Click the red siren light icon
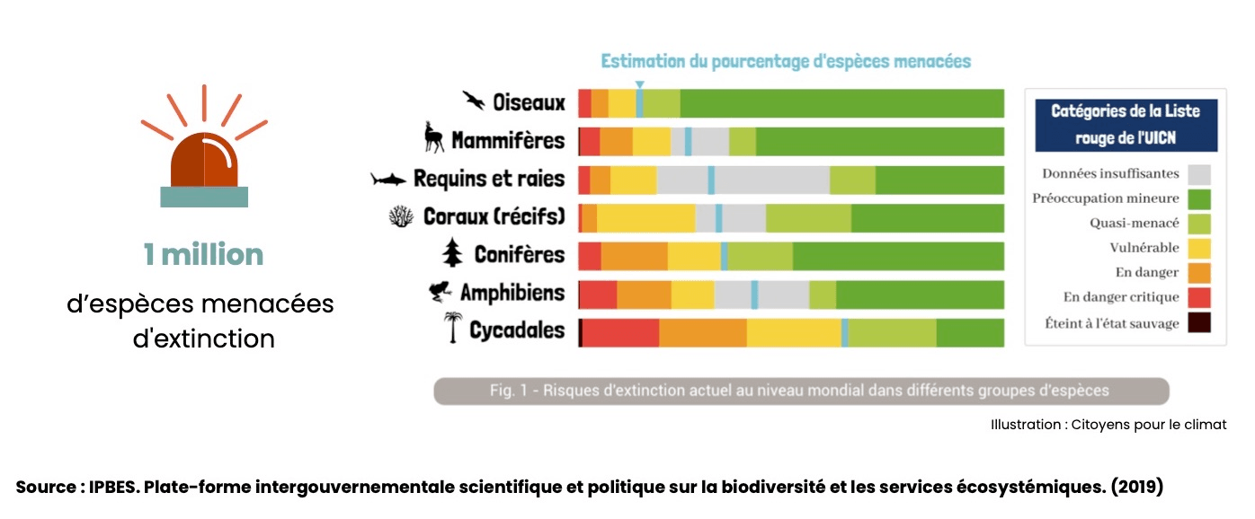pyautogui.click(x=204, y=162)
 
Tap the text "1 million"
pyautogui.click(x=203, y=255)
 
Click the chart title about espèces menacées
pyautogui.click(x=786, y=61)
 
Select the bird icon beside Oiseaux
pyautogui.click(x=474, y=100)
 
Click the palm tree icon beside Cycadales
pyautogui.click(x=452, y=329)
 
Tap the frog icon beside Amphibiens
pyautogui.click(x=441, y=292)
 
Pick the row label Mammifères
pyautogui.click(x=508, y=141)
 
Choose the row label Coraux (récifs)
pyautogui.click(x=494, y=216)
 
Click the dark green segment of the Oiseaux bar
pyautogui.click(x=841, y=103)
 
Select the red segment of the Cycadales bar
pyautogui.click(x=620, y=332)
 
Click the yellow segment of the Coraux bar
pyautogui.click(x=645, y=218)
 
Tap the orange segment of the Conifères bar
pyautogui.click(x=634, y=256)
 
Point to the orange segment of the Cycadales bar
pyautogui.click(x=702, y=332)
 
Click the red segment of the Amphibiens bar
pyautogui.click(x=598, y=295)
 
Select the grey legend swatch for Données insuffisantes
pyautogui.click(x=1198, y=174)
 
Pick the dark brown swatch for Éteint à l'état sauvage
pyautogui.click(x=1198, y=322)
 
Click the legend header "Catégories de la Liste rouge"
pyautogui.click(x=1126, y=124)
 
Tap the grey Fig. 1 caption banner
pyautogui.click(x=800, y=391)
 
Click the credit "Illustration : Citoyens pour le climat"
pyautogui.click(x=1108, y=424)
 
